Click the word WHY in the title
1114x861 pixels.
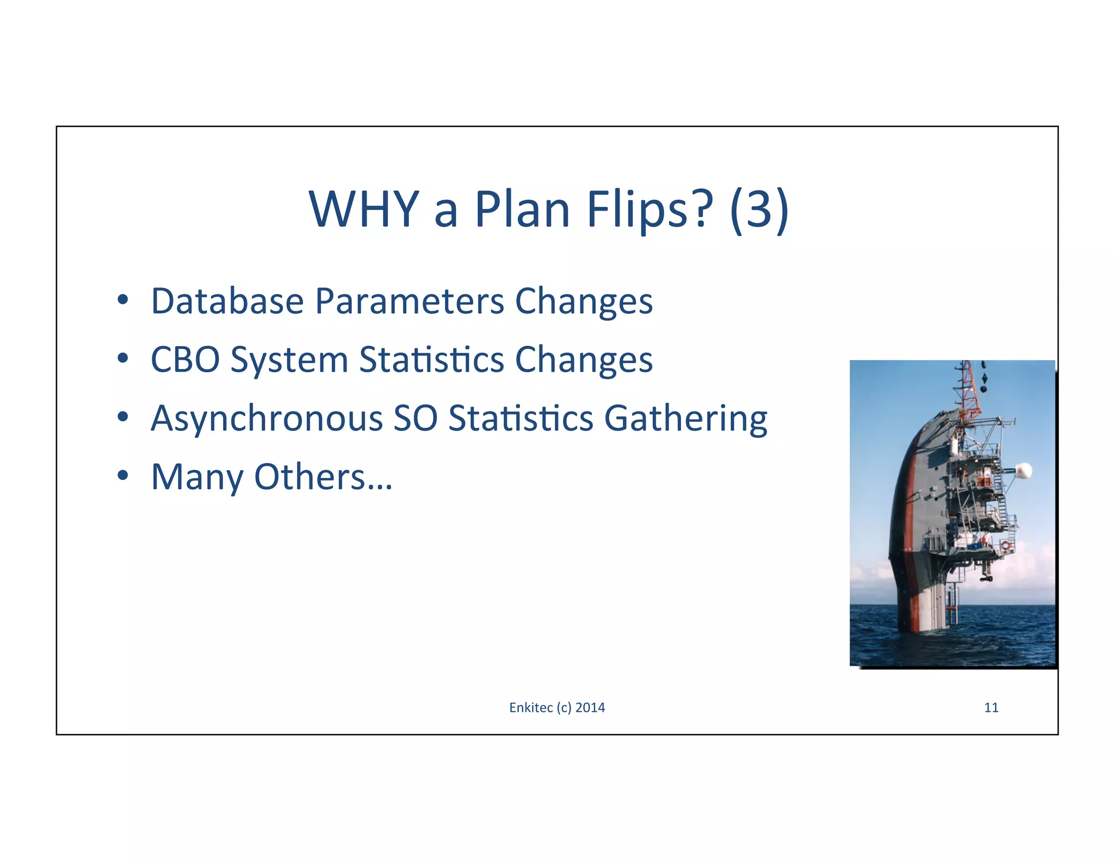click(x=363, y=210)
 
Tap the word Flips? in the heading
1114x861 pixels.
click(x=649, y=210)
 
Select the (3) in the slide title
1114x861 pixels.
click(x=759, y=210)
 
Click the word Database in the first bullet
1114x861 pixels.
click(x=227, y=301)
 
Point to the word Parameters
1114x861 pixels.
click(x=410, y=301)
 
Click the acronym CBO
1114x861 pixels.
click(x=185, y=360)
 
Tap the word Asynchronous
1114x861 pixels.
click(x=267, y=419)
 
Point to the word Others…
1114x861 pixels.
click(x=323, y=477)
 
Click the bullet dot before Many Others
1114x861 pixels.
click(x=123, y=475)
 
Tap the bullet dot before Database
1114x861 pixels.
click(x=123, y=299)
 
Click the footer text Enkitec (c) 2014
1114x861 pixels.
click(x=556, y=708)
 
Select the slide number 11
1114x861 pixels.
click(x=991, y=708)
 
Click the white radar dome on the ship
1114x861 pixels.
click(x=1023, y=470)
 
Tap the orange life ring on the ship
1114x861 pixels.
click(x=1005, y=545)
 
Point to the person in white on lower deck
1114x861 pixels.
click(x=986, y=539)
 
